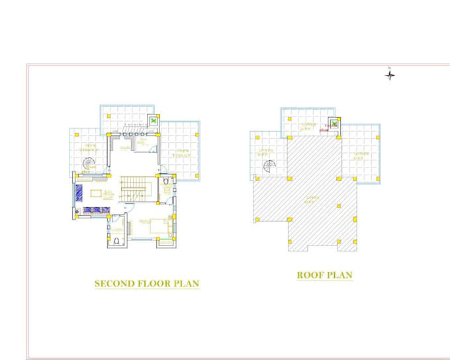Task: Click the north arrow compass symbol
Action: [390, 75]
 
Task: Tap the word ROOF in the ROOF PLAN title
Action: [309, 275]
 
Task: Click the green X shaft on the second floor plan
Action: [154, 121]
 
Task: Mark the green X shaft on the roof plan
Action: [335, 123]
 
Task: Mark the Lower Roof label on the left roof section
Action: [266, 152]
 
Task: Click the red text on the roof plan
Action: [324, 129]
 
